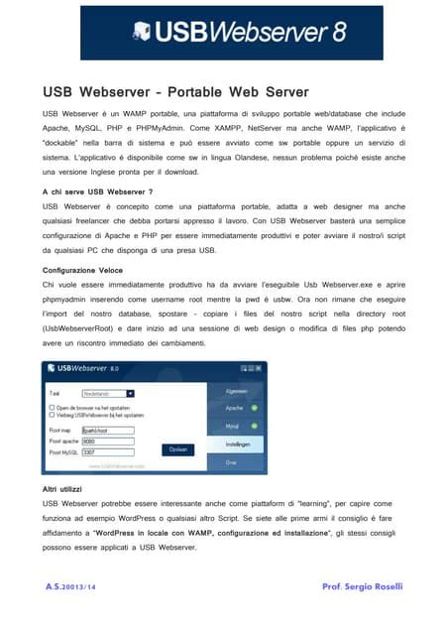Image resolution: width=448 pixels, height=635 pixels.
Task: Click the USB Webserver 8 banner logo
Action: [x=241, y=33]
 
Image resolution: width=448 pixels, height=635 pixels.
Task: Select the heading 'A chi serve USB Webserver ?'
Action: [x=97, y=190]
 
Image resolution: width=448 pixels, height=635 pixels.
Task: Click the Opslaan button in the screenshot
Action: [x=177, y=448]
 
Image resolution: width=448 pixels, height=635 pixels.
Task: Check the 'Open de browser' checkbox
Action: [x=52, y=407]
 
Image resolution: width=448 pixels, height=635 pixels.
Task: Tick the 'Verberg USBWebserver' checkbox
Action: [x=52, y=415]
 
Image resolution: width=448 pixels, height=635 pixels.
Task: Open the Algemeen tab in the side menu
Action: [x=236, y=391]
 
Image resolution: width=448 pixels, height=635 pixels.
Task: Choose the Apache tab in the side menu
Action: [x=235, y=408]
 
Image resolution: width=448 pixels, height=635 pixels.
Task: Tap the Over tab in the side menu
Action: [x=231, y=461]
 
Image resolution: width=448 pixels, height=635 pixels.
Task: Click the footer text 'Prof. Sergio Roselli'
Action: [x=363, y=587]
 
